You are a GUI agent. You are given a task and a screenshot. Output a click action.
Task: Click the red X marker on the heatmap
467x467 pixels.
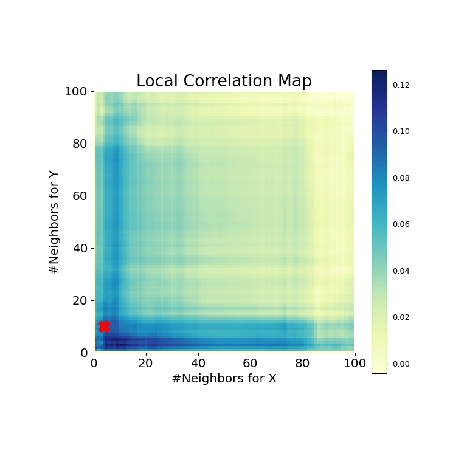click(x=104, y=327)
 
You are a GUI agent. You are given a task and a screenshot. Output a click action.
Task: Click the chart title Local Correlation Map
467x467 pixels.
click(x=224, y=81)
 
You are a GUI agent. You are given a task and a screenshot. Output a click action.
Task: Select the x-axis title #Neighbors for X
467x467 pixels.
click(x=224, y=379)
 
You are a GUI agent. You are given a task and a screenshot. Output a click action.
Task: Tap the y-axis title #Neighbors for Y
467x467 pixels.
click(x=55, y=222)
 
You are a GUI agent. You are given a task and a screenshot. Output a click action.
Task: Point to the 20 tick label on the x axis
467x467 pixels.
click(x=146, y=364)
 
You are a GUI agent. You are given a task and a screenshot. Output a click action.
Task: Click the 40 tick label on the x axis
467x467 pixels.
click(x=198, y=364)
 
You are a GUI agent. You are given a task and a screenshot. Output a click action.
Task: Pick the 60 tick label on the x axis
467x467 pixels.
click(x=250, y=364)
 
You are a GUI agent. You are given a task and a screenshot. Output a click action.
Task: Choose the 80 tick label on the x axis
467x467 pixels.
click(x=302, y=364)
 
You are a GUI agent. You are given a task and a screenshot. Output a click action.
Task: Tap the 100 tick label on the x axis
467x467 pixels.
click(x=355, y=364)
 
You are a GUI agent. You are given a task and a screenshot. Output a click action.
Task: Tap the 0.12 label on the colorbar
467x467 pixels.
click(x=401, y=85)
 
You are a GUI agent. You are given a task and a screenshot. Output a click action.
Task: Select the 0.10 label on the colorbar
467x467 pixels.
click(x=401, y=131)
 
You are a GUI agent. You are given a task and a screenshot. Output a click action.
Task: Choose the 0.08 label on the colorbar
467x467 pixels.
click(x=401, y=178)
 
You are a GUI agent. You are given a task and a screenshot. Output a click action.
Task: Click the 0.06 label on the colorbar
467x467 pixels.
click(x=401, y=224)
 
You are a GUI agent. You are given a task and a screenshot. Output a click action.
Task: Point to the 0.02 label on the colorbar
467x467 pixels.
click(x=401, y=317)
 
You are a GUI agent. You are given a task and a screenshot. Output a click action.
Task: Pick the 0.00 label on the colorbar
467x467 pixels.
click(x=401, y=364)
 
